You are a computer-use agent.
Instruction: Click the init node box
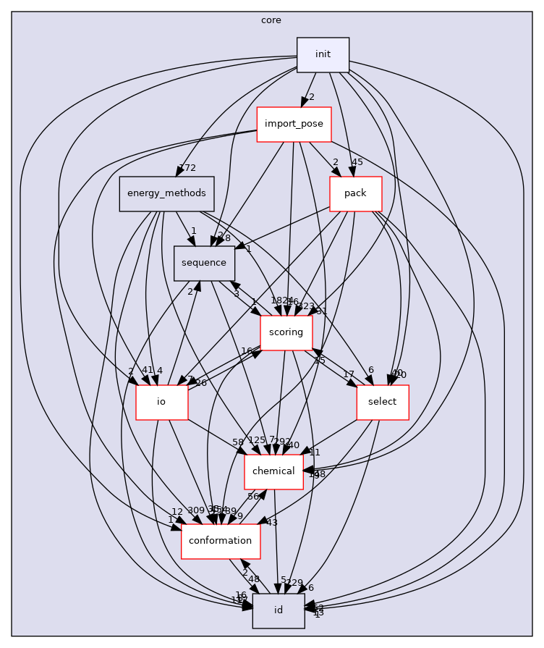point(323,55)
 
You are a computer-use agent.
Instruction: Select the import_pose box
point(294,125)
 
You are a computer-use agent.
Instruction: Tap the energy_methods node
point(166,194)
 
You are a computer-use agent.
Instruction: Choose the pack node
point(355,194)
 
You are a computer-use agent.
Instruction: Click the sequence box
point(204,264)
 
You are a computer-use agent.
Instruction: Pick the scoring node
point(286,333)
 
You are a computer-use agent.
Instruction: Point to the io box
point(161,403)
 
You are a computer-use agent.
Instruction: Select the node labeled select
point(382,403)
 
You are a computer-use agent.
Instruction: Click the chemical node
point(273,472)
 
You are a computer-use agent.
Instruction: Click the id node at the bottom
point(278,611)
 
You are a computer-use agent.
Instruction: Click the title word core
point(271,20)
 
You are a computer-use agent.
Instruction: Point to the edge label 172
point(187,169)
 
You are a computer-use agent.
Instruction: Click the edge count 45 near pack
point(357,162)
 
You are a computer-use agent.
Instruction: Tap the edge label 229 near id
point(294,583)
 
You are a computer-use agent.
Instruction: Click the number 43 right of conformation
point(272,523)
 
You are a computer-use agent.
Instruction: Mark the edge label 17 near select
point(349,375)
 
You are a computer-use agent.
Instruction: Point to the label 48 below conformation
point(254,579)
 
